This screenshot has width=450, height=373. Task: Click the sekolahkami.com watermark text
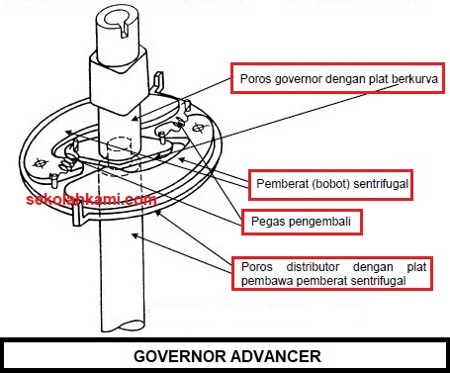click(x=91, y=199)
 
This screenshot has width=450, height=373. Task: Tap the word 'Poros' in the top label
click(x=256, y=80)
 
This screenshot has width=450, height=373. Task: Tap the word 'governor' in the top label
click(x=303, y=80)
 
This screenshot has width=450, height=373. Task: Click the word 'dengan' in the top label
click(x=345, y=80)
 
